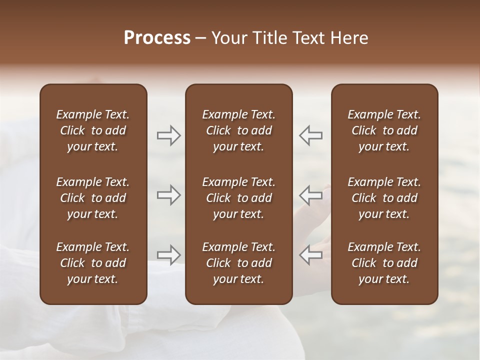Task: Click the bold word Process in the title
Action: [157, 38]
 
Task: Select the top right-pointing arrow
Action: [168, 135]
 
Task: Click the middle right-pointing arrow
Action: [168, 195]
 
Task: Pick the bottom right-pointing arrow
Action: [168, 255]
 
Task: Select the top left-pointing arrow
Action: [310, 135]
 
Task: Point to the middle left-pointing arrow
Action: [310, 195]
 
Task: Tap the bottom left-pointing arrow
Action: [310, 255]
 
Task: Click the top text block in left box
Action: [93, 130]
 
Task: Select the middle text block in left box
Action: [93, 198]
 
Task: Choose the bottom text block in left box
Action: [93, 263]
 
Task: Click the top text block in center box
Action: [238, 130]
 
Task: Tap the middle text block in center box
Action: [238, 198]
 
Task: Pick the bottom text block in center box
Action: [238, 263]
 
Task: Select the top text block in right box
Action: [384, 130]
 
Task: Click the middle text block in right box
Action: [384, 198]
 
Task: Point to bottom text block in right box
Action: [384, 263]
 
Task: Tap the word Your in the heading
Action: [230, 38]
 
